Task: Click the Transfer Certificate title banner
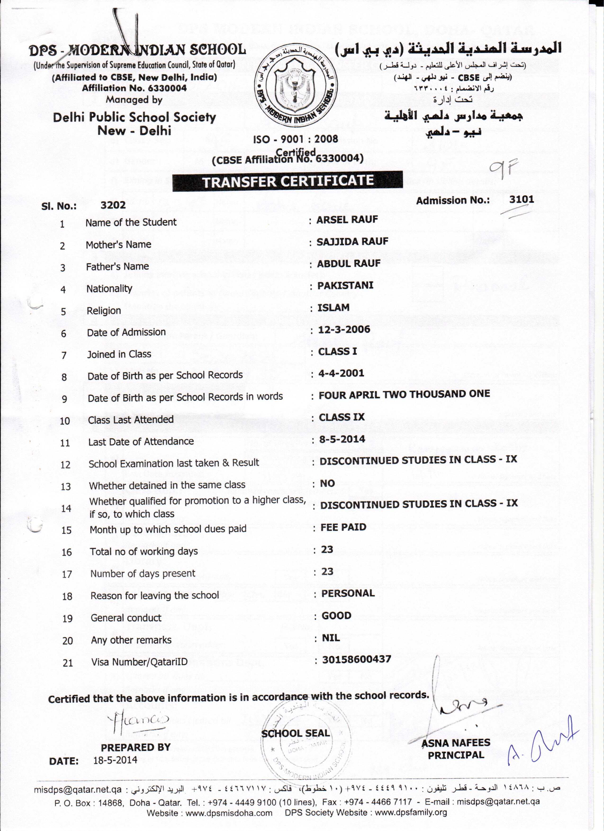pyautogui.click(x=288, y=181)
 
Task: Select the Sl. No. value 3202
pyautogui.click(x=113, y=205)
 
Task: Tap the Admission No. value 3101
pyautogui.click(x=522, y=200)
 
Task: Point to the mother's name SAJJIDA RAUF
pyautogui.click(x=352, y=241)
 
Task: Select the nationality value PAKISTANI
pyautogui.click(x=345, y=286)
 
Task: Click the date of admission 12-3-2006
pyautogui.click(x=344, y=329)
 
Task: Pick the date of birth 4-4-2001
pyautogui.click(x=341, y=373)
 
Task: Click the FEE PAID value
pyautogui.click(x=343, y=527)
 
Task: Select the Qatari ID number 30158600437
pyautogui.click(x=356, y=659)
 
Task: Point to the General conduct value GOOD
pyautogui.click(x=336, y=616)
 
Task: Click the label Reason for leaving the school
pyautogui.click(x=155, y=595)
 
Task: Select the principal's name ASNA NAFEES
pyautogui.click(x=456, y=743)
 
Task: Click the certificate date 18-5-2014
pyautogui.click(x=115, y=760)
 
